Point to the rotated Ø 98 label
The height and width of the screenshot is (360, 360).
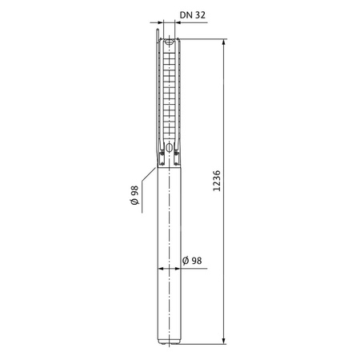[x=137, y=195]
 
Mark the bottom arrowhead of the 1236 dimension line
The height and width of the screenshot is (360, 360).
[x=224, y=339]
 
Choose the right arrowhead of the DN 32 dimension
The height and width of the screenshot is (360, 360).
[x=176, y=25]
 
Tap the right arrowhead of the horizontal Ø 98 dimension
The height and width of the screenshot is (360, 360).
[x=181, y=270]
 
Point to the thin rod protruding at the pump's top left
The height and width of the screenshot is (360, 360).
[x=159, y=37]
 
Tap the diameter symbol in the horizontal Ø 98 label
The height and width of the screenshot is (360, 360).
[x=186, y=261]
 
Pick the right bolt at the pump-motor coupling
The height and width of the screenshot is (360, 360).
[x=177, y=157]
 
